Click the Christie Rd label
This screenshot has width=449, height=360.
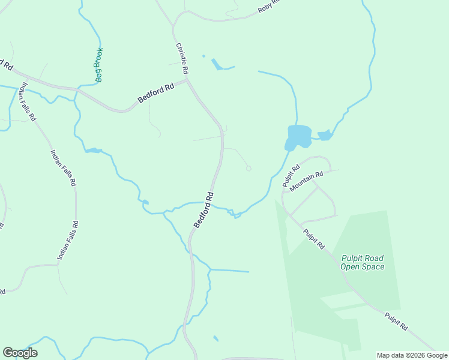[x=182, y=59]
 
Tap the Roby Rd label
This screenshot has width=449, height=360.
[x=268, y=6]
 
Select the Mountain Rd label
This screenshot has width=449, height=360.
[x=306, y=182]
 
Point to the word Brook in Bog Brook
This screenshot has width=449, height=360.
[x=99, y=56]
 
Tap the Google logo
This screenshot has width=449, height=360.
[x=20, y=353]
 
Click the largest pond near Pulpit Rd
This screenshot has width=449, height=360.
[x=298, y=136]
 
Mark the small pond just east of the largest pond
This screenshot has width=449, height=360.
[x=325, y=135]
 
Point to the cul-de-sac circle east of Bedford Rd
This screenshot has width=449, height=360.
[x=249, y=169]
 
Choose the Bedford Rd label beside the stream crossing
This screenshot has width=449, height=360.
[x=203, y=210]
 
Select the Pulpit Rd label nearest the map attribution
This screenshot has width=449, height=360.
[x=396, y=321]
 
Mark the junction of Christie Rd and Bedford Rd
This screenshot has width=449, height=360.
[x=187, y=80]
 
